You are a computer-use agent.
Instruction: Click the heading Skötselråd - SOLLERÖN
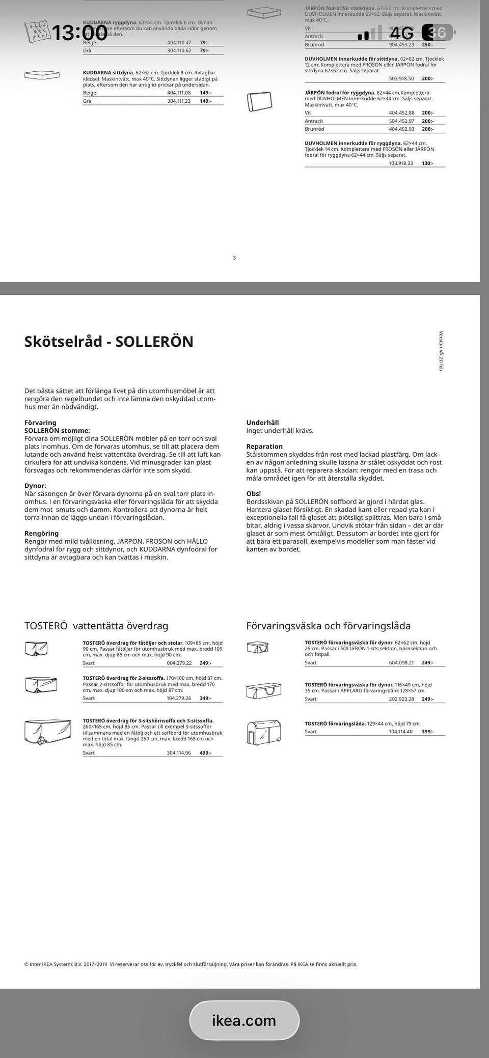pyautogui.click(x=109, y=341)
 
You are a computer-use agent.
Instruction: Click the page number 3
pyautogui.click(x=234, y=258)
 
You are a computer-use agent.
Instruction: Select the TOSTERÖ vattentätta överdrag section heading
pyautogui.click(x=96, y=626)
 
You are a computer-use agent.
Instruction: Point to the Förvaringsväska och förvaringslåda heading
pyautogui.click(x=328, y=626)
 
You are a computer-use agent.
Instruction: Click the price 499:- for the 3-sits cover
pyautogui.click(x=205, y=753)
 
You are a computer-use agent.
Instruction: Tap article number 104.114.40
pyautogui.click(x=401, y=732)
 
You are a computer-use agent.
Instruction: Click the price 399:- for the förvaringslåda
pyautogui.click(x=427, y=732)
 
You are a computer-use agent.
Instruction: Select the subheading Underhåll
pyautogui.click(x=262, y=423)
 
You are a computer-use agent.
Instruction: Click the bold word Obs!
pyautogui.click(x=254, y=493)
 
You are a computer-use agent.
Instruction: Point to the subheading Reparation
pyautogui.click(x=264, y=447)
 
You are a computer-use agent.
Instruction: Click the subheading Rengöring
pyautogui.click(x=41, y=533)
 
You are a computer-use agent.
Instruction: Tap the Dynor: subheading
pyautogui.click(x=35, y=486)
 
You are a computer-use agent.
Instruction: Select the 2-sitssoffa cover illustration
pyautogui.click(x=40, y=684)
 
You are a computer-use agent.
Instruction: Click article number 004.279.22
pyautogui.click(x=179, y=663)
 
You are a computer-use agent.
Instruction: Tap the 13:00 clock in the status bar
pyautogui.click(x=79, y=33)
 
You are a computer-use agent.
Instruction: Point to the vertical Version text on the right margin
pyautogui.click(x=442, y=351)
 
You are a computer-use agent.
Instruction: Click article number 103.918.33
pyautogui.click(x=401, y=163)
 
